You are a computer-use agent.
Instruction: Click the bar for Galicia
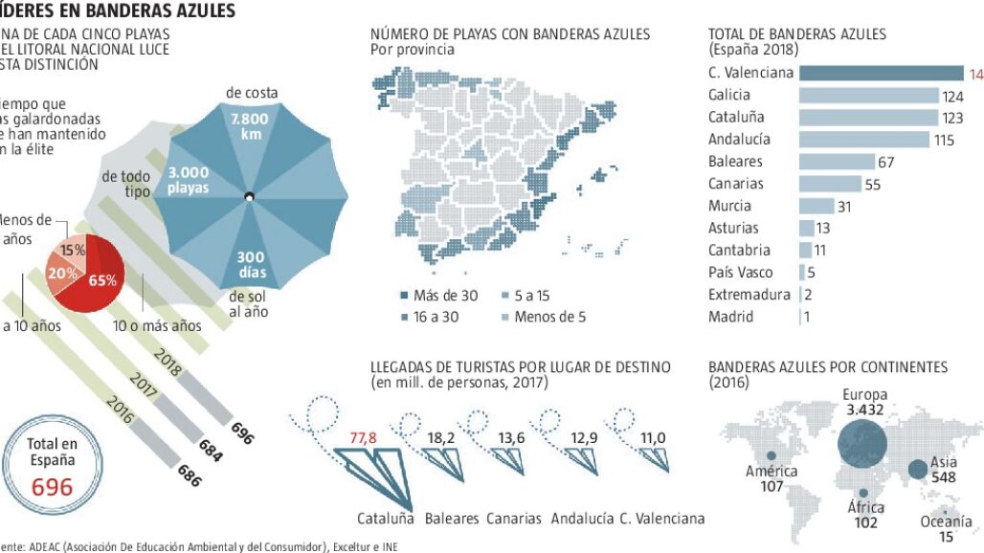pyautogui.click(x=868, y=96)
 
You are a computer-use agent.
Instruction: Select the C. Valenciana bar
pyautogui.click(x=881, y=74)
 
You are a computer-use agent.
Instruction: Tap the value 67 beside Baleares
pyautogui.click(x=885, y=162)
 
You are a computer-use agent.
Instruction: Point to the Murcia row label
pyautogui.click(x=730, y=206)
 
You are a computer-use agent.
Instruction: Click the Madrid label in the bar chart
pyautogui.click(x=730, y=317)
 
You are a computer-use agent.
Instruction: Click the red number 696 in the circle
pyautogui.click(x=52, y=487)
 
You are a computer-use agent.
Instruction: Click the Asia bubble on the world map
pyautogui.click(x=917, y=469)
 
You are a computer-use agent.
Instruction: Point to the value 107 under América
pyautogui.click(x=772, y=486)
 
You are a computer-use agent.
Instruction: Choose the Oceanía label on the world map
pyautogui.click(x=946, y=521)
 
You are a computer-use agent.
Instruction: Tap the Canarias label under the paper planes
pyautogui.click(x=514, y=519)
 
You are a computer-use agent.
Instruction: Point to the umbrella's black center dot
pyautogui.click(x=248, y=197)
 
